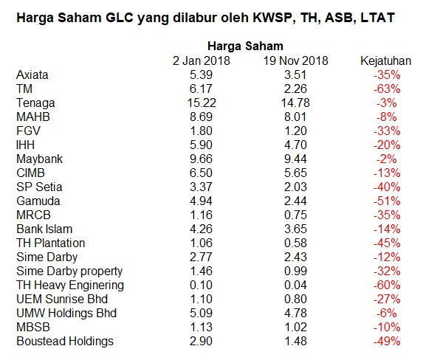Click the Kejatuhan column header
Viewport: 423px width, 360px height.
coord(386,61)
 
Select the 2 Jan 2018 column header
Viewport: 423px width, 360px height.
coord(202,61)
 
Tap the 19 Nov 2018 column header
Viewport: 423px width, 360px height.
coord(295,61)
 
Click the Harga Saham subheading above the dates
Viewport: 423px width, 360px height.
coord(245,46)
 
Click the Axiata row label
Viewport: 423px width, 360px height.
coord(32,75)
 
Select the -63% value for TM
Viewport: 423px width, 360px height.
coord(387,89)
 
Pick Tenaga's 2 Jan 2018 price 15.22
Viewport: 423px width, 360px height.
coord(202,103)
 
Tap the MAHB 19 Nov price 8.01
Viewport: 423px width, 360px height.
coord(295,117)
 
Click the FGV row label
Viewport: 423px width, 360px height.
coord(28,131)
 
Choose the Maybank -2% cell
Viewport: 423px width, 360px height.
coord(387,159)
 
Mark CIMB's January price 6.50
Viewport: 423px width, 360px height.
coord(201,173)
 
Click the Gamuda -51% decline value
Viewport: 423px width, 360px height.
coord(387,201)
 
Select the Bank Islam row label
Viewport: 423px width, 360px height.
coord(44,229)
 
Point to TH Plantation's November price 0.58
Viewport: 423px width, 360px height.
coord(295,243)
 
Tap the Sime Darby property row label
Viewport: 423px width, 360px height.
coord(69,271)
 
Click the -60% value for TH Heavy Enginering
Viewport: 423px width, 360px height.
coord(387,285)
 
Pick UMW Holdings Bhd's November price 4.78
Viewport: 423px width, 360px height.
coord(295,314)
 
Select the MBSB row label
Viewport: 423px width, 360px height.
coord(33,328)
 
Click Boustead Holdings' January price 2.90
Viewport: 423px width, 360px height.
coord(201,342)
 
